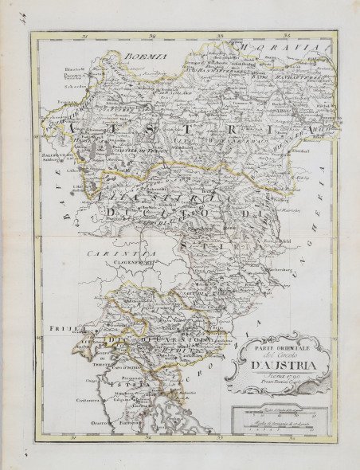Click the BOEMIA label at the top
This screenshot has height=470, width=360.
click(146, 57)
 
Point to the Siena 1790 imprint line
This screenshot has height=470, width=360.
click(272, 380)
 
